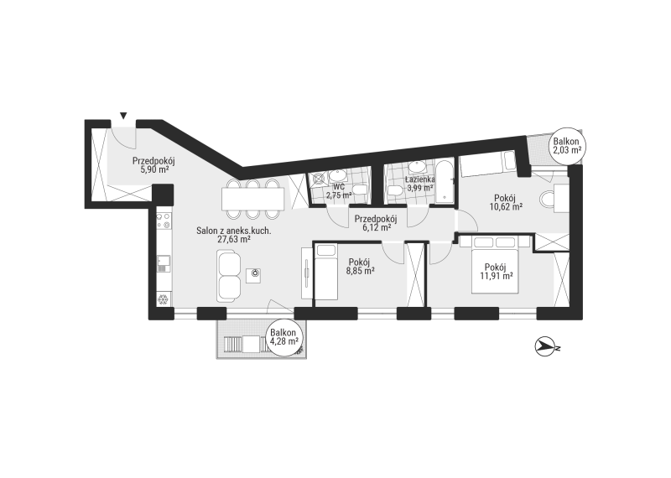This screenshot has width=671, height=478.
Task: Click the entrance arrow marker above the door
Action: coord(123,115)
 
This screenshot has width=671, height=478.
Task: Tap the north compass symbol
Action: coord(545,346)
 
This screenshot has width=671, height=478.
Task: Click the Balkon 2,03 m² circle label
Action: coord(566,146)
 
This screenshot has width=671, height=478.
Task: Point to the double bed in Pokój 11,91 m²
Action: coord(495,265)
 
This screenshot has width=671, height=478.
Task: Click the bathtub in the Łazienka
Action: coord(446,181)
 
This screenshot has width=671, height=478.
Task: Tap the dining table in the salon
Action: coord(253,199)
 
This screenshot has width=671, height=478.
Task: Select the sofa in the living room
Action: coord(229,276)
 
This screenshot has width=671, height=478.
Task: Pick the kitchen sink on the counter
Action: coord(163,263)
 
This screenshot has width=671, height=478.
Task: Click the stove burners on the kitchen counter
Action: coord(164,221)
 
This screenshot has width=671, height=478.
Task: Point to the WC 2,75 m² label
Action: coord(339,191)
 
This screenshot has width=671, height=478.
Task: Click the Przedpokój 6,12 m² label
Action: coord(376,223)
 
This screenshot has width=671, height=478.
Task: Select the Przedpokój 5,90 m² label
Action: coord(153,165)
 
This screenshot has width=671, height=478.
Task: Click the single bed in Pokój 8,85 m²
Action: coord(326,272)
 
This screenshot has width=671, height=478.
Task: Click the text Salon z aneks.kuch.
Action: coord(234,231)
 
